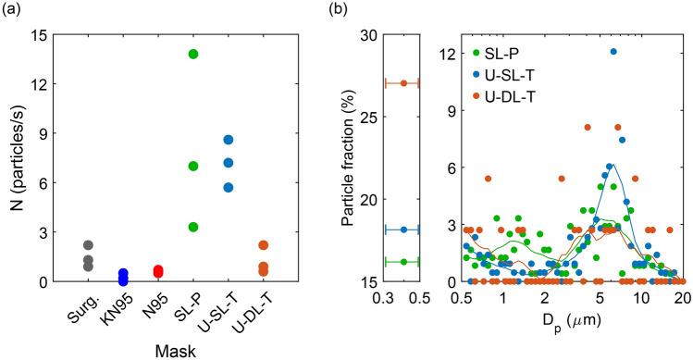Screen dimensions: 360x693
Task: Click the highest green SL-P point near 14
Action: tap(193, 55)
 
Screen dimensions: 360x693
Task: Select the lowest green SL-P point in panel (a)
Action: tap(193, 227)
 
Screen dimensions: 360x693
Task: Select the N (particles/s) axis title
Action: tap(16, 157)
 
